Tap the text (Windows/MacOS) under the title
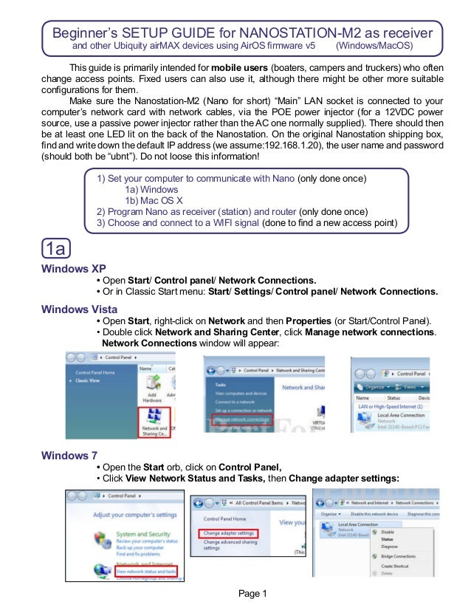[374, 47]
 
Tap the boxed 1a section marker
[58, 247]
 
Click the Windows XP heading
[75, 269]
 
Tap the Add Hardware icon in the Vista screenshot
[154, 389]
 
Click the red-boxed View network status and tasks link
[146, 571]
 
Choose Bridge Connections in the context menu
[399, 556]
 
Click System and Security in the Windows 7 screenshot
[144, 534]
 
